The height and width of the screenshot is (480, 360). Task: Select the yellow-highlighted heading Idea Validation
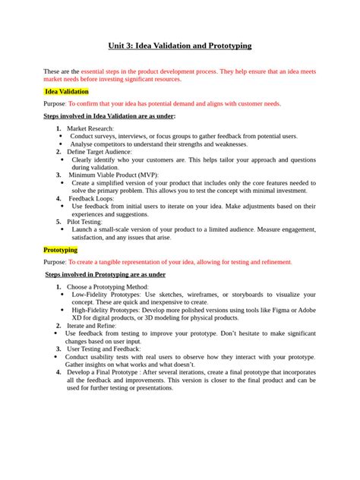tap(68, 91)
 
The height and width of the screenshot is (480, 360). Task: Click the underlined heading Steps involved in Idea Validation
tap(109, 116)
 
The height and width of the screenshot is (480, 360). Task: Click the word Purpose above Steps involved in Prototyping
tap(54, 262)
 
